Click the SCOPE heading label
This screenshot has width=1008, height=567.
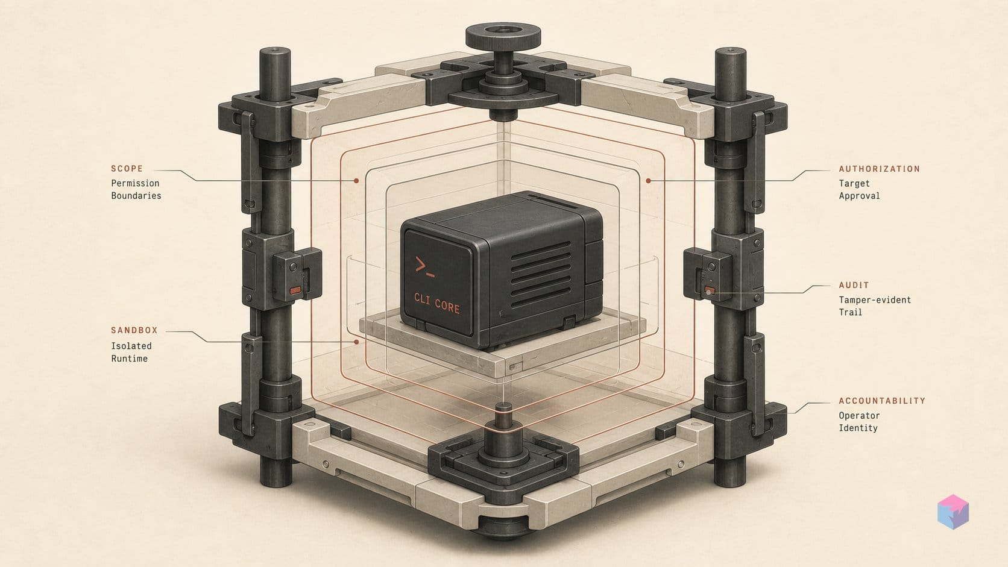tap(127, 169)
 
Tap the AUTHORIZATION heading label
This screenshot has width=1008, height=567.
tap(880, 169)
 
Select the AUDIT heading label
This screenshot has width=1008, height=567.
tap(854, 285)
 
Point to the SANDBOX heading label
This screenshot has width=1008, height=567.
tap(134, 330)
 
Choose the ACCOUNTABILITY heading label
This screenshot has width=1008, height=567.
tap(882, 401)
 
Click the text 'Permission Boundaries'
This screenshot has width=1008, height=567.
tap(136, 189)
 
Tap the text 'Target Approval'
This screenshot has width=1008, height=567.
tap(859, 189)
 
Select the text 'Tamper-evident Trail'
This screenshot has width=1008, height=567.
tap(874, 305)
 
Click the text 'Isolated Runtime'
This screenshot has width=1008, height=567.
tap(131, 352)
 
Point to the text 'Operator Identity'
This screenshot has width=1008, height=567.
tap(858, 422)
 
